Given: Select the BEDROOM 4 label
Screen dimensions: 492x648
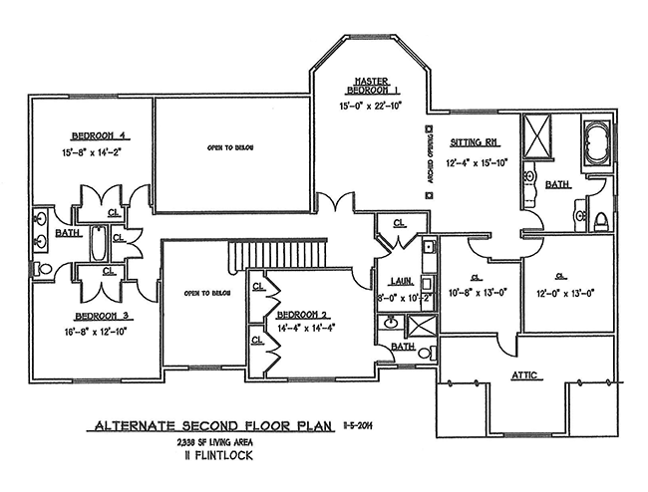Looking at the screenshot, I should pyautogui.click(x=96, y=135).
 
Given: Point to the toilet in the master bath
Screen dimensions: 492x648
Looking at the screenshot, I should pyautogui.click(x=600, y=218).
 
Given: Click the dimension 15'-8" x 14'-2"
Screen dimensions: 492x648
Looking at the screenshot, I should pyautogui.click(x=97, y=152).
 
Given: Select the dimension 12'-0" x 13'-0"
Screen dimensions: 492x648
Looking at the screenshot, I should pyautogui.click(x=567, y=293).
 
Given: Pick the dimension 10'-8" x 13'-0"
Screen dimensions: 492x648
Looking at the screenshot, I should pyautogui.click(x=482, y=293).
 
